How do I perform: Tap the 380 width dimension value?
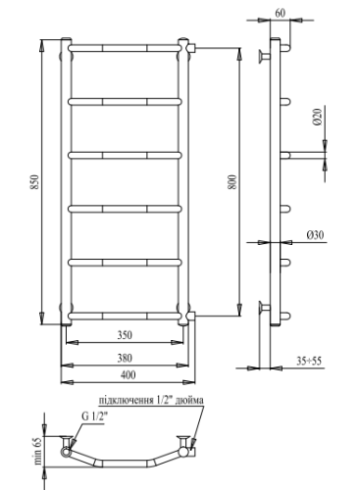click(x=124, y=355)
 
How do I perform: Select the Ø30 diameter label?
click(x=316, y=235)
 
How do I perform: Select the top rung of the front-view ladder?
click(x=125, y=46)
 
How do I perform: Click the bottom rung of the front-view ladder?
click(x=125, y=315)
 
